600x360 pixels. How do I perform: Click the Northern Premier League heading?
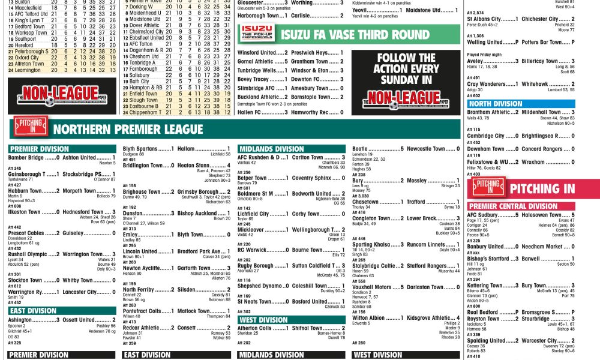pyautogui.click(x=128, y=129)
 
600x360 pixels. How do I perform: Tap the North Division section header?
pyautogui.click(x=496, y=104)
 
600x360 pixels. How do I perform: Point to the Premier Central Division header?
pyautogui.click(x=513, y=206)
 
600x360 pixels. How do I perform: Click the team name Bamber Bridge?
pyautogui.click(x=26, y=158)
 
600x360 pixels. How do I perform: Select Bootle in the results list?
pyautogui.click(x=360, y=149)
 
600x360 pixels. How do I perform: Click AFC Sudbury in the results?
pyautogui.click(x=483, y=215)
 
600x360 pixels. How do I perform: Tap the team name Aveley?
pyautogui.click(x=476, y=61)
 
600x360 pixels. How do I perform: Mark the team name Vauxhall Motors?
pyautogui.click(x=371, y=287)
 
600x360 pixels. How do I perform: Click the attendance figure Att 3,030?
pyautogui.click(x=360, y=196)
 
